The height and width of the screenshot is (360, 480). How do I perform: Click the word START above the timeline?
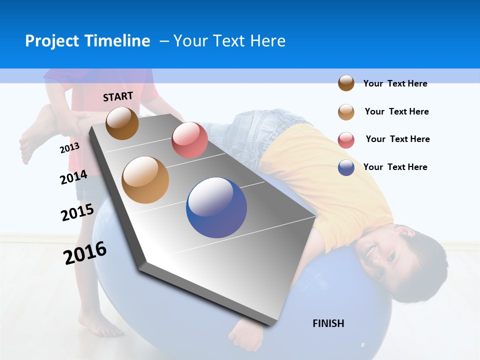click(118, 96)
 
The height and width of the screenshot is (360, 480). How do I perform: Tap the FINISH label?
click(328, 323)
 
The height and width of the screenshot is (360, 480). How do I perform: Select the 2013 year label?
click(69, 148)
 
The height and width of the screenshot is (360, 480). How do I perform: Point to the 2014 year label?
click(73, 177)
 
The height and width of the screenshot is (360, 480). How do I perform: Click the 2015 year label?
click(77, 212)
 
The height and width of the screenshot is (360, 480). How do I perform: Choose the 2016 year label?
click(85, 253)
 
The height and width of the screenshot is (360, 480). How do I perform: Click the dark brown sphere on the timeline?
click(122, 123)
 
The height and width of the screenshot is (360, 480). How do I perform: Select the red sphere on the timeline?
click(189, 140)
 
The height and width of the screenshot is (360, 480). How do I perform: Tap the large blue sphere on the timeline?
click(216, 207)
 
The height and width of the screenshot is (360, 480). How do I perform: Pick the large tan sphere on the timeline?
click(145, 180)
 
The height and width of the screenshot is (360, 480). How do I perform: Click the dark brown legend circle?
click(346, 83)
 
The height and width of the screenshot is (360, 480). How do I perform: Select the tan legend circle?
click(346, 112)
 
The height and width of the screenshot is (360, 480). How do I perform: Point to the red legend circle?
click(346, 140)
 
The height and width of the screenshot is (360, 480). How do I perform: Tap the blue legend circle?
click(346, 167)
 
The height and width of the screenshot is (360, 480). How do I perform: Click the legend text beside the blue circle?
click(395, 167)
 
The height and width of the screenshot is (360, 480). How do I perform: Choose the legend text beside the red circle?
click(397, 139)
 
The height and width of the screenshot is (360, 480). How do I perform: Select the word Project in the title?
click(52, 41)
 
